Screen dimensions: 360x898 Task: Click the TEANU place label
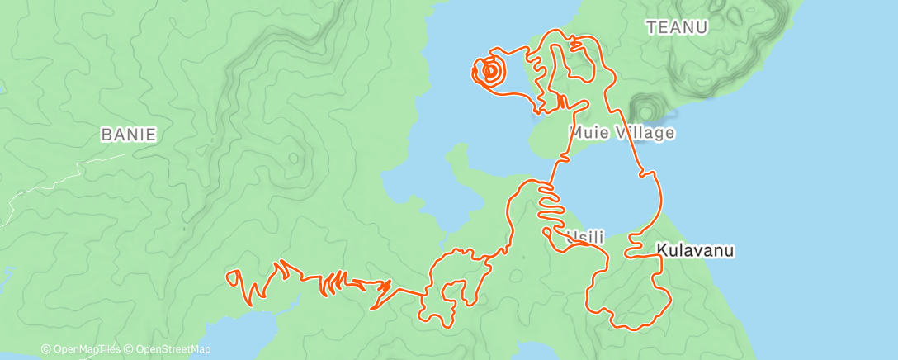click(678, 27)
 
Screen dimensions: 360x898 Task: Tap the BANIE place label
click(128, 134)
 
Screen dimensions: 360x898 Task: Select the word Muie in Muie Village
click(589, 132)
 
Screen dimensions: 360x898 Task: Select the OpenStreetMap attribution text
click(172, 350)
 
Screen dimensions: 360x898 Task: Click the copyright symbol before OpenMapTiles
click(46, 350)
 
